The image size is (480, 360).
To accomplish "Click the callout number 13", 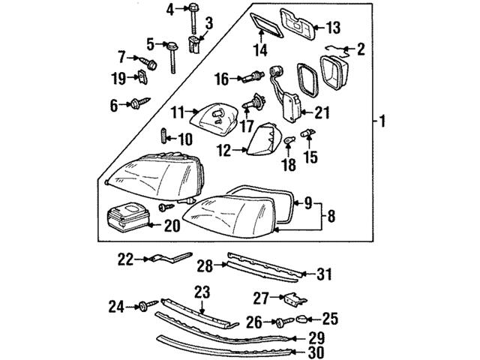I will [332, 28].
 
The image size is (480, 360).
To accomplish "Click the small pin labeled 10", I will [163, 139].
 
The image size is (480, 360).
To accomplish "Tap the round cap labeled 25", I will [302, 319].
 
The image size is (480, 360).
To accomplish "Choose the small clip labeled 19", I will [142, 76].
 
